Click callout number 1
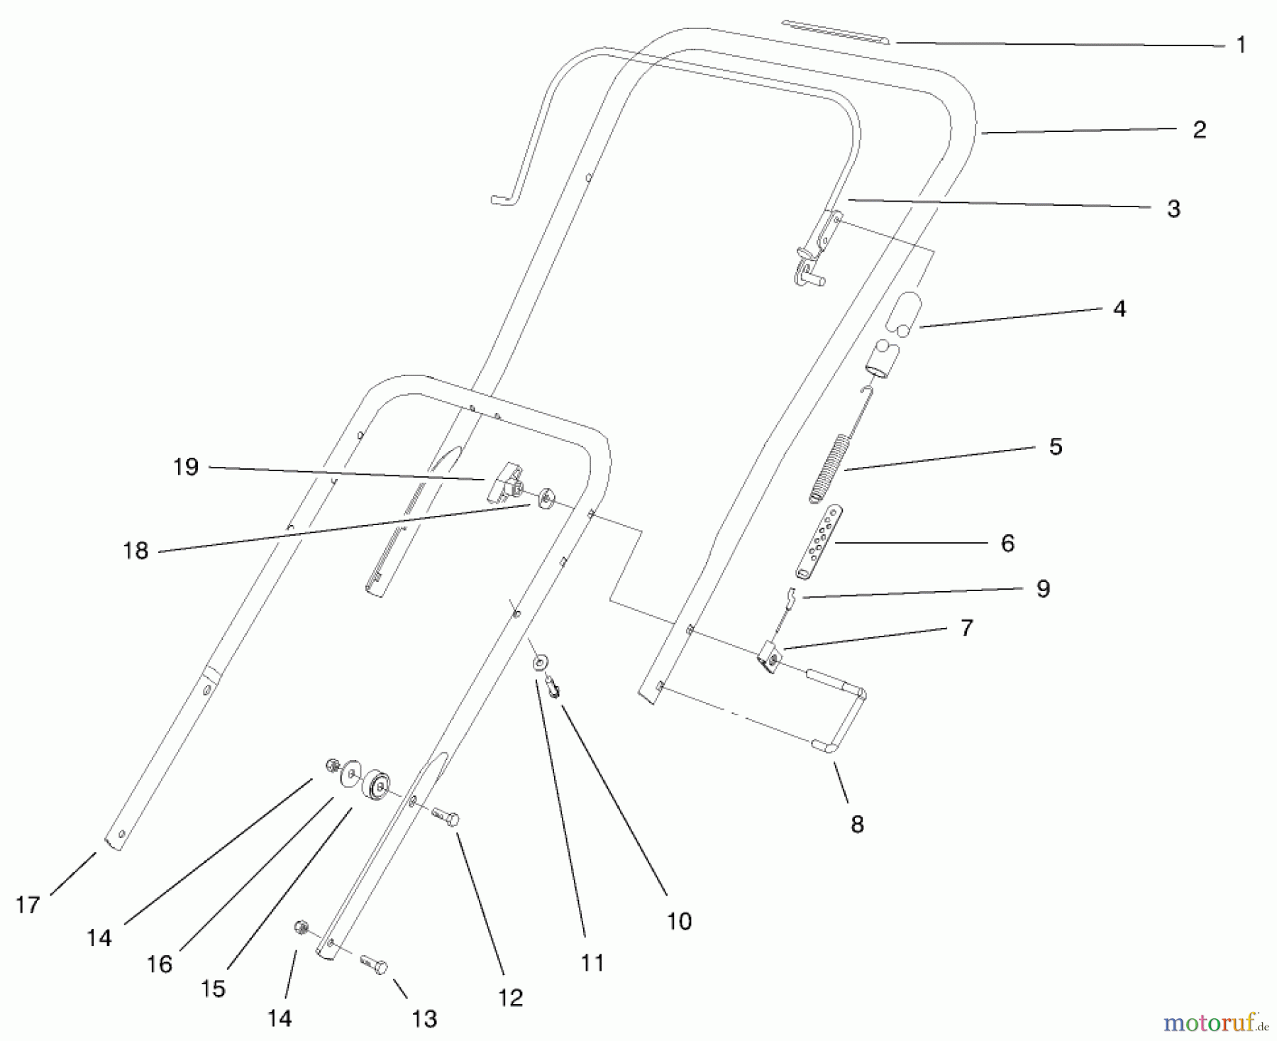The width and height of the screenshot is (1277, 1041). (1241, 45)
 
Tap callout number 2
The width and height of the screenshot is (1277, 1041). (1199, 130)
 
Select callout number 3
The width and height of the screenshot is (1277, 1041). (1173, 209)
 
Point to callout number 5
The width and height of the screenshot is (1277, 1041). (1056, 446)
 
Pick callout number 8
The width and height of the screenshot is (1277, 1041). (857, 824)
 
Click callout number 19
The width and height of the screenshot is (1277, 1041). (186, 467)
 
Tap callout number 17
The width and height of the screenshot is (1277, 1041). (28, 905)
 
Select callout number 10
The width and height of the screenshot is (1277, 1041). (679, 921)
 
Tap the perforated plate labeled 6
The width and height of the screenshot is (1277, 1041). (817, 542)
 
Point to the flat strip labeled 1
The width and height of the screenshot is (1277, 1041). (837, 31)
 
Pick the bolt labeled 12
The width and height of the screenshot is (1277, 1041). (445, 816)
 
